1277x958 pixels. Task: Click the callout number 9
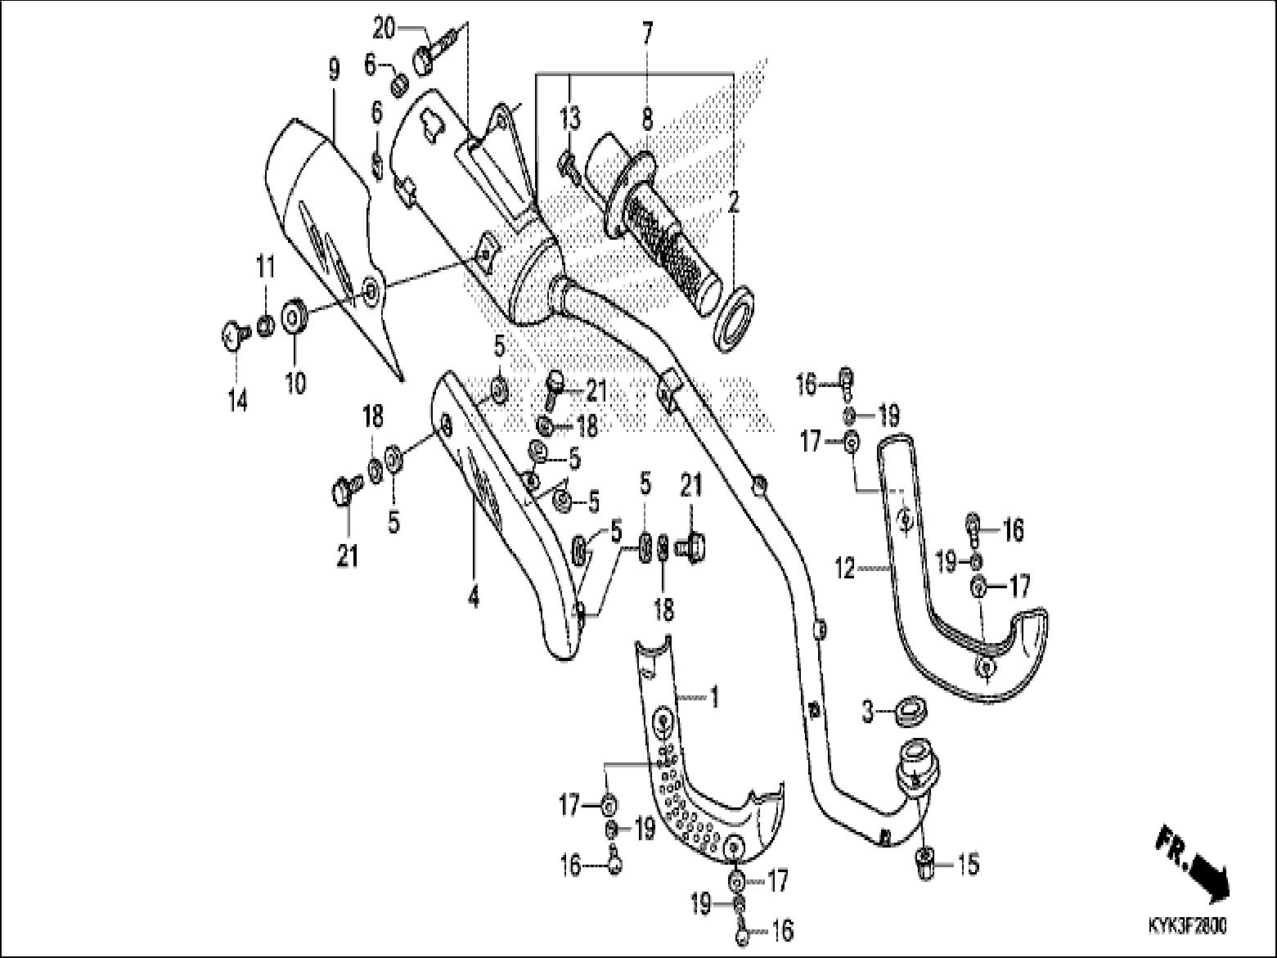click(x=333, y=70)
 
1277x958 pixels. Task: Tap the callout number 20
click(x=384, y=28)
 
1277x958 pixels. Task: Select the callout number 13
click(x=570, y=119)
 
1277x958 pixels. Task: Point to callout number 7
click(x=647, y=34)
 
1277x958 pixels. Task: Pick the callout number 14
click(x=237, y=403)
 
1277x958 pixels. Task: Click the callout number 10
click(x=295, y=381)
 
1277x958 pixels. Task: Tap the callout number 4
click(x=473, y=598)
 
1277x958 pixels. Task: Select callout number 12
click(x=845, y=566)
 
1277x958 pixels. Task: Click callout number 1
click(x=713, y=698)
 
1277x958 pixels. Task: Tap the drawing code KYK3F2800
click(x=1187, y=927)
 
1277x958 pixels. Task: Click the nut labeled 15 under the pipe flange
click(x=924, y=863)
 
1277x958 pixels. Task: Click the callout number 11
click(x=264, y=268)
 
